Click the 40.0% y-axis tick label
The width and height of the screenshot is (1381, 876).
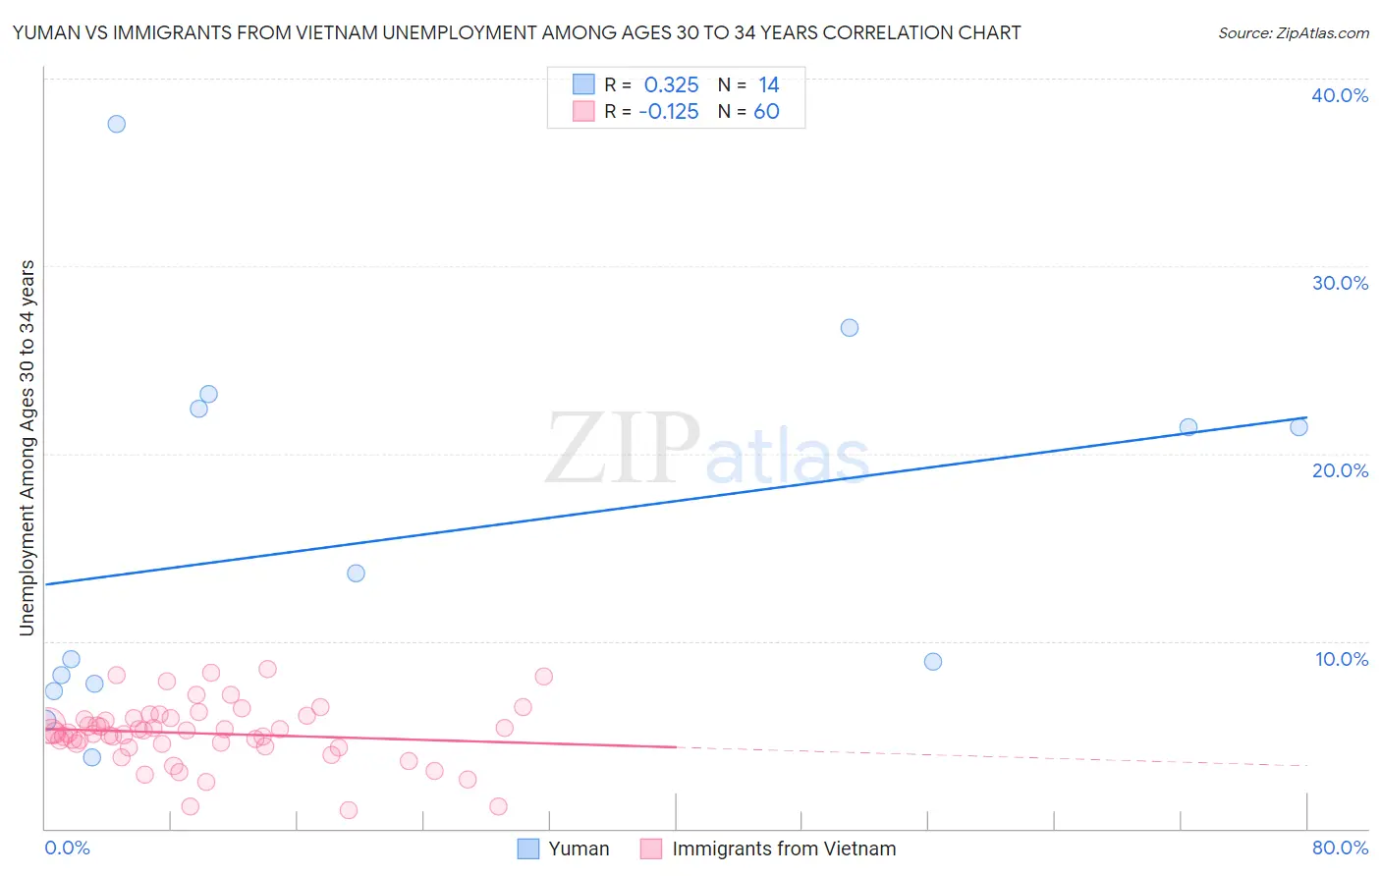[x=1340, y=95]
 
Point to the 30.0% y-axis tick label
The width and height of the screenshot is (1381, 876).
[x=1340, y=283]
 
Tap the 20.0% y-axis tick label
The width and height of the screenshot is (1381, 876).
[x=1340, y=470]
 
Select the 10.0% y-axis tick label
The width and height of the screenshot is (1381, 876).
[x=1341, y=659]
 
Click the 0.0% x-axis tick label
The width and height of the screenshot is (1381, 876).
[x=67, y=848]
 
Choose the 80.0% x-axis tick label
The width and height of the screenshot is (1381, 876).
[x=1340, y=848]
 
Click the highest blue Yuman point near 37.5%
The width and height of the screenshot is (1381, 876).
[x=117, y=124]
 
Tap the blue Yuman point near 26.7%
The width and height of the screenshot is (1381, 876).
[x=850, y=328]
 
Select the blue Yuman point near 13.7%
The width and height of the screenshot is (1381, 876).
[x=357, y=574]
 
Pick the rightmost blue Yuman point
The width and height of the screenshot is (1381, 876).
[x=1298, y=427]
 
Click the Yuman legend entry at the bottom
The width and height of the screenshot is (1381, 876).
[x=564, y=849]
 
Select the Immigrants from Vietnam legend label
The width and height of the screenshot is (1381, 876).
[x=784, y=849]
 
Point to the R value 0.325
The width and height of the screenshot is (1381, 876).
[x=671, y=85]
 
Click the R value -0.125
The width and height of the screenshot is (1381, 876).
[x=668, y=112]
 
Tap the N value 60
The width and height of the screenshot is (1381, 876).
[x=766, y=112]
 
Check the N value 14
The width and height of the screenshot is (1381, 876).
[x=768, y=85]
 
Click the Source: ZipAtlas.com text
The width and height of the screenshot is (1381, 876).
[x=1293, y=33]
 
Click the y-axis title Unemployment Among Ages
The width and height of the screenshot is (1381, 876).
[x=28, y=448]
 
